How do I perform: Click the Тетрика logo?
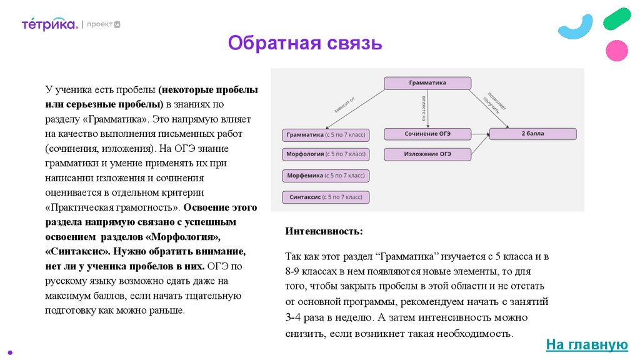49,24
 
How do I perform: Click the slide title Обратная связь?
304,44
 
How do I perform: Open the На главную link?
586,344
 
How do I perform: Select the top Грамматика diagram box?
427,82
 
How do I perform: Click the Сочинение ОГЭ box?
427,134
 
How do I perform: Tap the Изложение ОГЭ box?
427,154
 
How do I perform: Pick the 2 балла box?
532,134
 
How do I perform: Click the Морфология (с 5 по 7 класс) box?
326,154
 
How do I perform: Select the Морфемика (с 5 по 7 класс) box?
326,176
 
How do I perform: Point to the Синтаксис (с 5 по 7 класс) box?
326,197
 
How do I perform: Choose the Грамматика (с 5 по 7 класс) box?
326,134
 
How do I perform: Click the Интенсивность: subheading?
324,231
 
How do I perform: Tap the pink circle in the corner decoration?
617,50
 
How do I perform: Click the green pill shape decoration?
617,19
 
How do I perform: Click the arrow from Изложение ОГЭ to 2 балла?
480,145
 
